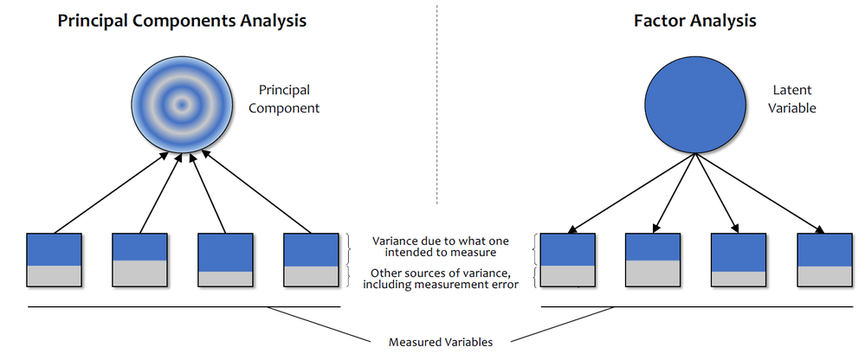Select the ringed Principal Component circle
(x=181, y=105)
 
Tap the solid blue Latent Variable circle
(x=694, y=105)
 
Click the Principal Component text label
(x=289, y=99)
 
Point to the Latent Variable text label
(x=793, y=99)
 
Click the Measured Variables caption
(x=441, y=342)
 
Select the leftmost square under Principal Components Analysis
(x=54, y=260)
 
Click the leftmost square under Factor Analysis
(x=567, y=260)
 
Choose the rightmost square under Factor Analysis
(x=824, y=260)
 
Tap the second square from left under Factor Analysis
(x=653, y=260)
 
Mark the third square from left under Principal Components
(x=225, y=260)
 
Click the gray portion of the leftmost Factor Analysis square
(x=567, y=275)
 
